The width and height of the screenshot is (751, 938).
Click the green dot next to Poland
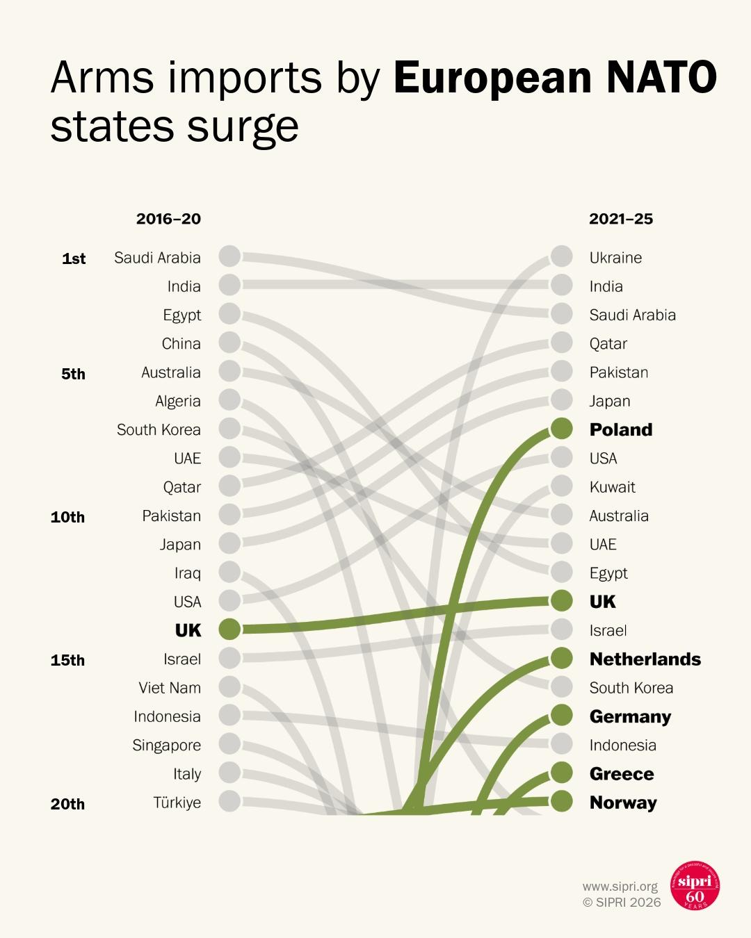(561, 429)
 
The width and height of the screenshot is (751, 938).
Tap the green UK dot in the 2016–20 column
(229, 629)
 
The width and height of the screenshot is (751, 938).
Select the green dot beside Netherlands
(561, 657)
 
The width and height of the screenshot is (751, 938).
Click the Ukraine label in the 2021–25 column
(615, 258)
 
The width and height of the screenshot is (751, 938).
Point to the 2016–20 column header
(168, 219)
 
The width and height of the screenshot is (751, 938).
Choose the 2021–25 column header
(621, 219)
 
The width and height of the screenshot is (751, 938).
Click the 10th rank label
(67, 517)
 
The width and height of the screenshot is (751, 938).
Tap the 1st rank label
(74, 258)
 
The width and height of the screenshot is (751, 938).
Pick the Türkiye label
(177, 803)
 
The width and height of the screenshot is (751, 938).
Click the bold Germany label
(630, 716)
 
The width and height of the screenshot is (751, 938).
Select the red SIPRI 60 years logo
(695, 886)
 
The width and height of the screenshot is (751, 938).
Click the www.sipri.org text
(620, 887)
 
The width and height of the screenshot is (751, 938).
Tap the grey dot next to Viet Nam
(229, 686)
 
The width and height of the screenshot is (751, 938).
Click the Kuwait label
(612, 487)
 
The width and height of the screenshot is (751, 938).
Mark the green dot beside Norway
(561, 801)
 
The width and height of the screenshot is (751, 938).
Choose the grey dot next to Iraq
(229, 572)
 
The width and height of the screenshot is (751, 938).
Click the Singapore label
(166, 745)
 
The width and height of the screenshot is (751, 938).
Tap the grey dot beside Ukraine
(561, 256)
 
